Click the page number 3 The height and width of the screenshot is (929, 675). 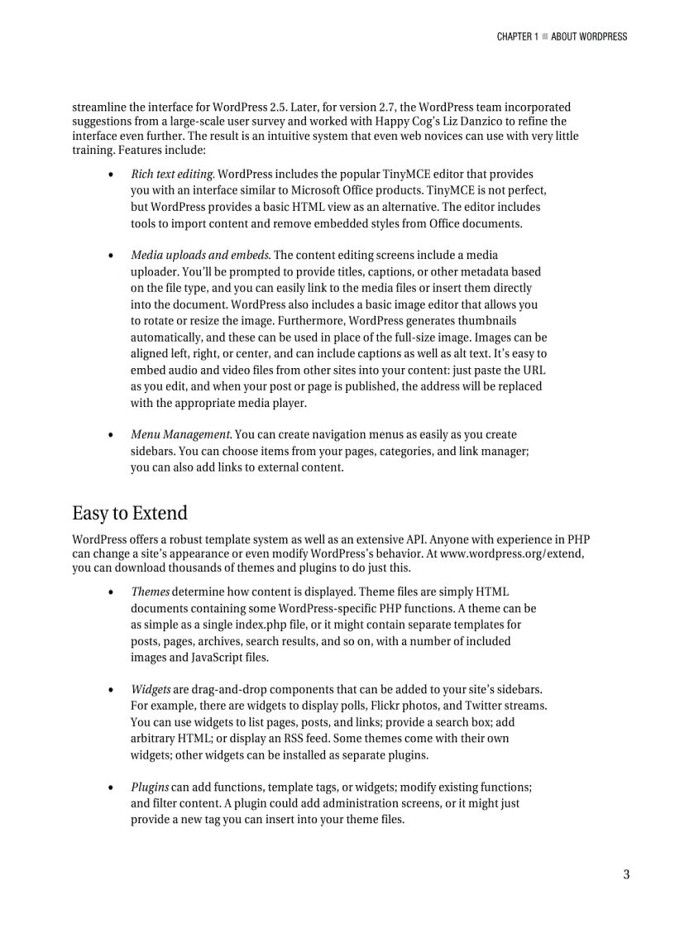626,874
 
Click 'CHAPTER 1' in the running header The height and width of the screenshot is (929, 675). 517,36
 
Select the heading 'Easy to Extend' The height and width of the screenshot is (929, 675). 130,513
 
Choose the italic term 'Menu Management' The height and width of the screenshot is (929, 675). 181,434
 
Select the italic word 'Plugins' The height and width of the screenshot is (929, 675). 150,787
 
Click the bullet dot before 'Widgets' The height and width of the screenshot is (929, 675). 111,689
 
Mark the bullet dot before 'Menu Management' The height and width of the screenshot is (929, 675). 111,434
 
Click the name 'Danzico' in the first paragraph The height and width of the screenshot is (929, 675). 472,122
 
